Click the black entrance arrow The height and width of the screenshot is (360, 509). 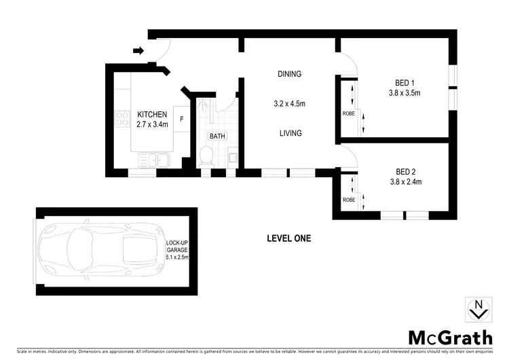point(138,50)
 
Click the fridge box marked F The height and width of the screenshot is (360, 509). point(181,120)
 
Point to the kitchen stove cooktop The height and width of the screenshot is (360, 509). point(124,120)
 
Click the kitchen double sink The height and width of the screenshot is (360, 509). point(153,160)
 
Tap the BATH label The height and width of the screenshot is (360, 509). point(217,137)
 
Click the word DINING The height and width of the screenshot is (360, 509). point(289,74)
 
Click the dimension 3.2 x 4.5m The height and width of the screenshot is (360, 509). point(289,104)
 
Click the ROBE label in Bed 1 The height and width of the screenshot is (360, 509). point(348,113)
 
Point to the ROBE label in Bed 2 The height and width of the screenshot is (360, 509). point(348,200)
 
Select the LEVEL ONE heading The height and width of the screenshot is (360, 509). point(288,238)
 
